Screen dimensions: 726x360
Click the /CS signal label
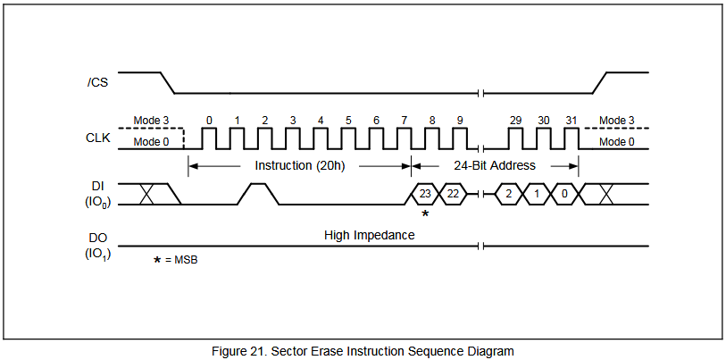[x=97, y=84]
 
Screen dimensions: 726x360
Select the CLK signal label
[x=98, y=138]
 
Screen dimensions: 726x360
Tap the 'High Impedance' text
[x=369, y=235]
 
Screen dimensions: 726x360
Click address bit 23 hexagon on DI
[x=424, y=194]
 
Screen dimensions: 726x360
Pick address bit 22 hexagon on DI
[x=453, y=194]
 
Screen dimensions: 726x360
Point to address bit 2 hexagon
[x=509, y=194]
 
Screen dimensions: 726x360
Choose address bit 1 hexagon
[x=537, y=194]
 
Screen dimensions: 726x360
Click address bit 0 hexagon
[x=564, y=194]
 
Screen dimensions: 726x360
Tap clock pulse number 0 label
[x=209, y=121]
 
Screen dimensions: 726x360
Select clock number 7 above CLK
[x=405, y=121]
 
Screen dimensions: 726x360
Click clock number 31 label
[x=572, y=121]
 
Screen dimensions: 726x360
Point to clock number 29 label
[x=515, y=121]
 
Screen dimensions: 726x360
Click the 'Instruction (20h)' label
[x=299, y=165]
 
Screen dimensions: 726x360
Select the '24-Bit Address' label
[x=495, y=165]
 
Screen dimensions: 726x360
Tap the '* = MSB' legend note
[x=176, y=260]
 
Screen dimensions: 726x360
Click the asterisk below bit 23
[x=425, y=213]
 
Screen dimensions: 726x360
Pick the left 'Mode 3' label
[x=152, y=121]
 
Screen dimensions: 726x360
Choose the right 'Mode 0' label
[x=617, y=142]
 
